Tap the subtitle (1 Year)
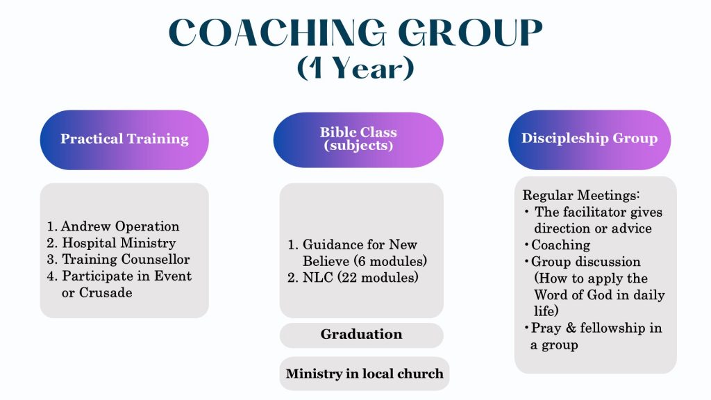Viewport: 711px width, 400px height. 355,69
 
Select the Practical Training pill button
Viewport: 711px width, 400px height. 124,139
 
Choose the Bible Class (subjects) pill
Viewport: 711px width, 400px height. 358,139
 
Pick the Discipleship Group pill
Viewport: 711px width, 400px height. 589,138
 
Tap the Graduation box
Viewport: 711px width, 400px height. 361,334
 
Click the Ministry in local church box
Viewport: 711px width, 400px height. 365,374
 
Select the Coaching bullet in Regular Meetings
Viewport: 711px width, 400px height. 561,245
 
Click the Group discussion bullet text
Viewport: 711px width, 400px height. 586,262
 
